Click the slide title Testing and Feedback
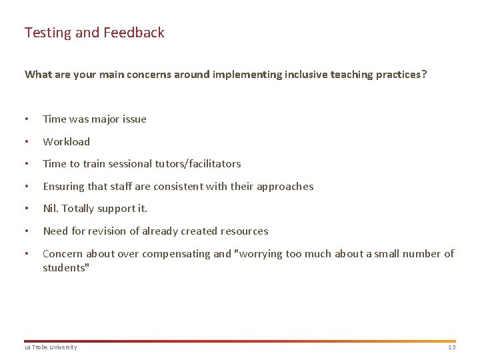[94, 33]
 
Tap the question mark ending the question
[424, 75]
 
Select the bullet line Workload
[66, 141]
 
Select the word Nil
[51, 209]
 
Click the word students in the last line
[64, 268]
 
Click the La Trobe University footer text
[51, 347]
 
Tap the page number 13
[451, 347]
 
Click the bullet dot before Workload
[26, 142]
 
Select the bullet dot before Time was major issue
[26, 119]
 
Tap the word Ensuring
[63, 187]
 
